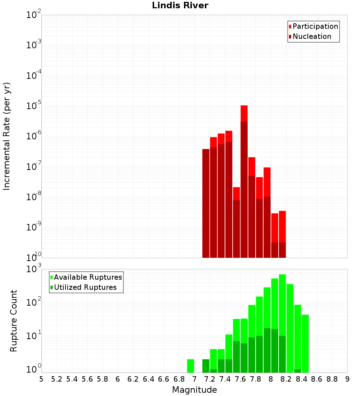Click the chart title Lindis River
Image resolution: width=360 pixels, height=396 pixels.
pos(180,6)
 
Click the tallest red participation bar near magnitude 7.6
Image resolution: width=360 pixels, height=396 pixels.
pos(244,113)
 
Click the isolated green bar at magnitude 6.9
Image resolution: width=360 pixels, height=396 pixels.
pos(190,366)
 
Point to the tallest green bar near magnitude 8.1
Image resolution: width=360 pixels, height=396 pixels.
pos(282,306)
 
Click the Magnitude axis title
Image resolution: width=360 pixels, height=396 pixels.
pos(194,390)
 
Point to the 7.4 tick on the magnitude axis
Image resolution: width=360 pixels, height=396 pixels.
pos(225,379)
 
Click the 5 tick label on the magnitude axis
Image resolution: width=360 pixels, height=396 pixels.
pos(41,379)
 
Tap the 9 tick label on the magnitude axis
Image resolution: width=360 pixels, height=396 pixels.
pos(347,379)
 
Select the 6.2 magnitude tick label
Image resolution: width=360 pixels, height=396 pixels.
pos(133,379)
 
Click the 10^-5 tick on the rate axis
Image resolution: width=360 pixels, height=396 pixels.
pos(33,106)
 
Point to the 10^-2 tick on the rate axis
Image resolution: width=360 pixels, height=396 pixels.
pos(33,15)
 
